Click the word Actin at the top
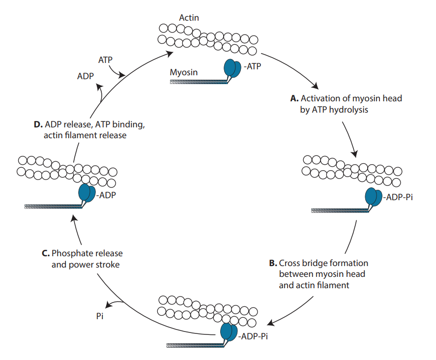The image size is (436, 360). tap(189, 18)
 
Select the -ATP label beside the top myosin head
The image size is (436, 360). tap(252, 66)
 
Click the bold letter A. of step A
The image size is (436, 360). tap(294, 98)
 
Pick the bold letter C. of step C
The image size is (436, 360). tap(46, 253)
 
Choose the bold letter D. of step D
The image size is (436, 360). tap(38, 123)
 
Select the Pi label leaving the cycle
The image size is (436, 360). tap(99, 317)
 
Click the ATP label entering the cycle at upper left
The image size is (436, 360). tap(105, 60)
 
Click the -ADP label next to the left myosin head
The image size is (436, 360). tap(106, 195)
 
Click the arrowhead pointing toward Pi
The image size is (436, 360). tap(110, 305)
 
